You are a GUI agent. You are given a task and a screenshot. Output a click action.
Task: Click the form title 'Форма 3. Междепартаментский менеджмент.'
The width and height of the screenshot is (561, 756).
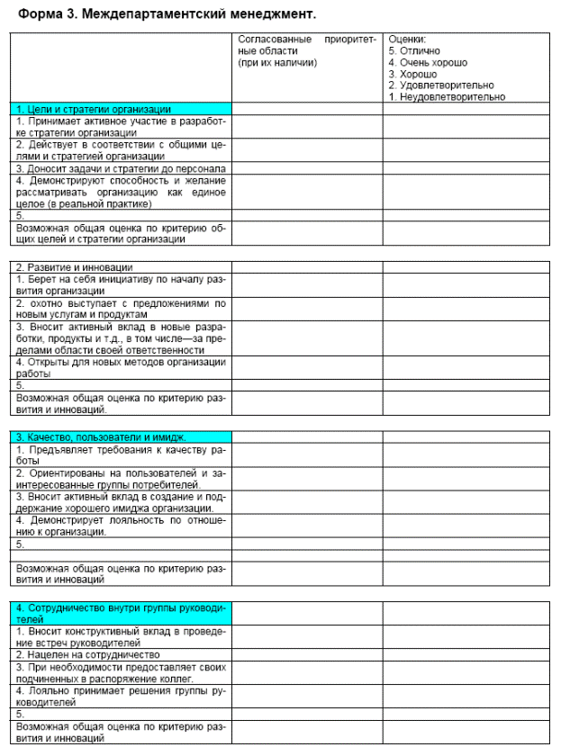[x=167, y=15]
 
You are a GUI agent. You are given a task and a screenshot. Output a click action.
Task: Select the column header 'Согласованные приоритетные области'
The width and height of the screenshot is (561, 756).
[x=307, y=51]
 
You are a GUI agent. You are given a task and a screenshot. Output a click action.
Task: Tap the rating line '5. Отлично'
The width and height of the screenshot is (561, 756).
[x=415, y=51]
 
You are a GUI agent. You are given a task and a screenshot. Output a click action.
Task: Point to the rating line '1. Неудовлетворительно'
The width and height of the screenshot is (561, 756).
[x=447, y=97]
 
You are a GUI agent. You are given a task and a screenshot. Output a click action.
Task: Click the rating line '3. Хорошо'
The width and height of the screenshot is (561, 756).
[x=412, y=74]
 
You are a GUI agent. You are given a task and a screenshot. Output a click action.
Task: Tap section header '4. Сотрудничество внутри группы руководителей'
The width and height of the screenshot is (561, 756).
[x=122, y=613]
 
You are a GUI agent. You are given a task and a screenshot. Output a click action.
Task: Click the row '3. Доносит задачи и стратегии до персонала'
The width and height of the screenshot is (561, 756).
[x=121, y=167]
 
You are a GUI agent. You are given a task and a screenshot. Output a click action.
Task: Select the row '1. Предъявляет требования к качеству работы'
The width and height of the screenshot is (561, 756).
[x=121, y=454]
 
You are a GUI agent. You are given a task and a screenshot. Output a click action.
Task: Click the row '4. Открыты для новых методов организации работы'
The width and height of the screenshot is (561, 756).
[x=121, y=367]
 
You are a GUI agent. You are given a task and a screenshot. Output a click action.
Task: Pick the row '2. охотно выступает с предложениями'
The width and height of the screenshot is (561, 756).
[x=121, y=310]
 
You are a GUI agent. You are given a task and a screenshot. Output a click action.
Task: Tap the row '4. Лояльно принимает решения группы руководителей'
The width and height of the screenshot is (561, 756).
[x=121, y=697]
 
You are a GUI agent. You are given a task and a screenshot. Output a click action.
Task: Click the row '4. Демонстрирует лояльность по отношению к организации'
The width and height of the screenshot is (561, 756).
[x=121, y=525]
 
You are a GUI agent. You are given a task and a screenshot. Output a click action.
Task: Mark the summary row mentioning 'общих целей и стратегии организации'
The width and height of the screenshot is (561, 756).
[x=121, y=233]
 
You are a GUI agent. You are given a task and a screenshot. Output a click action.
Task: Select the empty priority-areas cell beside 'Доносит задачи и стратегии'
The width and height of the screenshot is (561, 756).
[x=307, y=167]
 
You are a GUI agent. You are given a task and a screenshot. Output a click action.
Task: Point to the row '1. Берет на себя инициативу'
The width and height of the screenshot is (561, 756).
[x=121, y=285]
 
